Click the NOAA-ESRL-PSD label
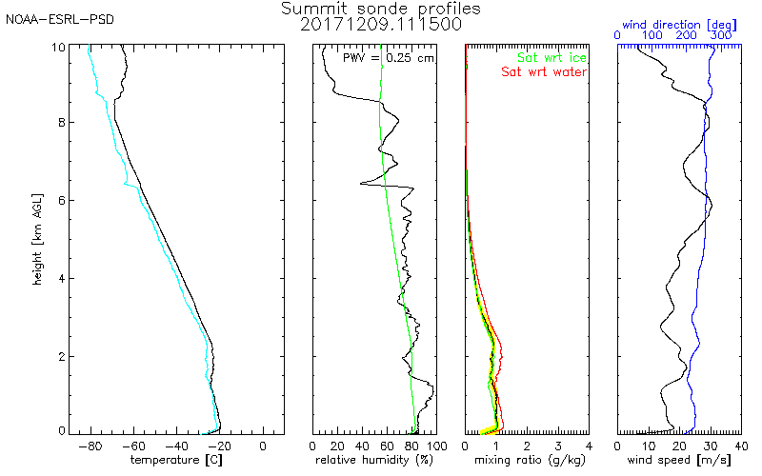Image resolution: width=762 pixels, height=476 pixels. point(60,20)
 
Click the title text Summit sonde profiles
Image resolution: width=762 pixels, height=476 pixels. point(380,9)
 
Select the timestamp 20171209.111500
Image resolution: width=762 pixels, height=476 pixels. point(380,25)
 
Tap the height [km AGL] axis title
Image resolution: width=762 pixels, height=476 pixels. point(37,240)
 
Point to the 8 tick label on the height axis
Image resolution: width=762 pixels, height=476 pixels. point(62,123)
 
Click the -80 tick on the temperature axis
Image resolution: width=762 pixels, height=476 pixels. point(90,446)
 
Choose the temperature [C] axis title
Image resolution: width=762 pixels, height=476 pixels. point(176,460)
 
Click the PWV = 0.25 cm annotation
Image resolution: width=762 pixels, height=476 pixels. point(388,58)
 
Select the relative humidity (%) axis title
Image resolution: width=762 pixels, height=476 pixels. point(374,460)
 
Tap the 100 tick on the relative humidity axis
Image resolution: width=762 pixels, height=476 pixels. point(436,446)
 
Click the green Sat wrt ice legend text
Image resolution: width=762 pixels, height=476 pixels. point(551,58)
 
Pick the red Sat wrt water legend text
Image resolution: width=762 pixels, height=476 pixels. point(544,72)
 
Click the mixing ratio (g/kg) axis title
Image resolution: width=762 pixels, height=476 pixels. point(530,460)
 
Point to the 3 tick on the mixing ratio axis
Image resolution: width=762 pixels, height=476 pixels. point(558,446)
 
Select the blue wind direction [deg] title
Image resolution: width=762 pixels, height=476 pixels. point(679,25)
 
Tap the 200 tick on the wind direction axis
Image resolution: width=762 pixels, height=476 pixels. point(686,35)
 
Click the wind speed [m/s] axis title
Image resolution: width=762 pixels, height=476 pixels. point(679,460)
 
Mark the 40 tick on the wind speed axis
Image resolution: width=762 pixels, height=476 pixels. point(741,446)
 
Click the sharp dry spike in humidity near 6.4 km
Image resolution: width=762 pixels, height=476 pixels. point(361,184)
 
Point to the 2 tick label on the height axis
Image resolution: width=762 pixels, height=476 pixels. point(62,356)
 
